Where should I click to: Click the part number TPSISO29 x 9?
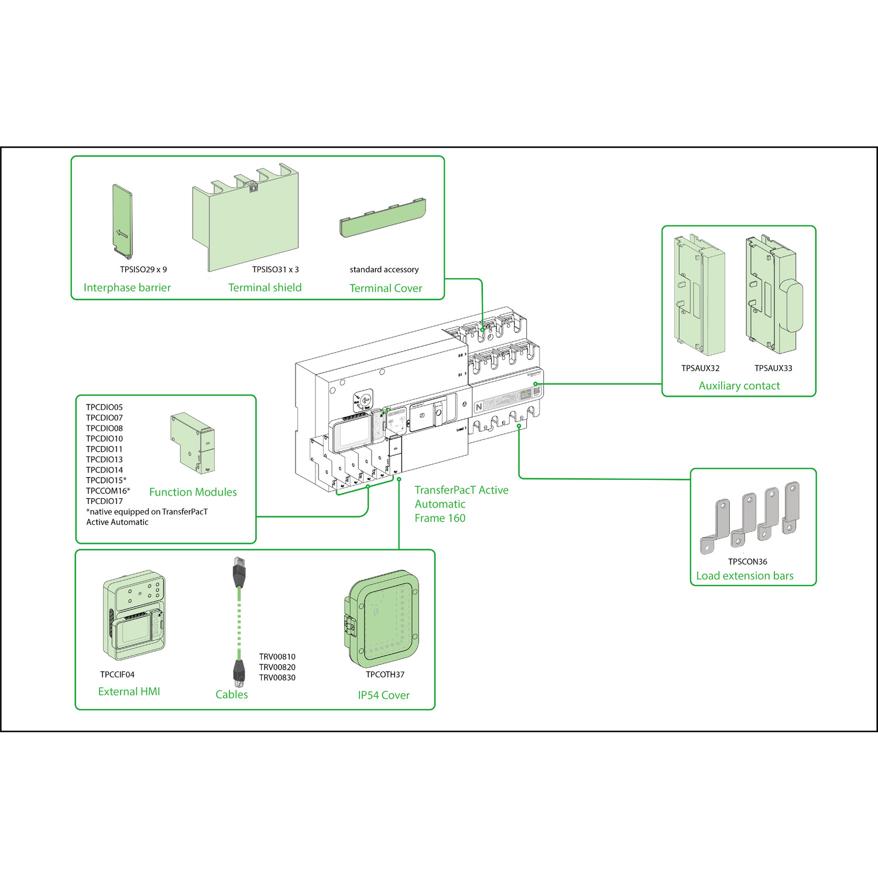coord(143,270)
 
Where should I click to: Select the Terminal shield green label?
coord(265,287)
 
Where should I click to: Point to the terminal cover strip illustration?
coord(383,217)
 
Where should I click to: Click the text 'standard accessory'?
coord(384,270)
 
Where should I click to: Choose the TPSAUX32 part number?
coord(700,368)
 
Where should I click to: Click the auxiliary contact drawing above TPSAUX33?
coord(773,296)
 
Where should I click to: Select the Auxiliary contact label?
coord(739,386)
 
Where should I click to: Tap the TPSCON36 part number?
coord(747,561)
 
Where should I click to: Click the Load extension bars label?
coord(745,576)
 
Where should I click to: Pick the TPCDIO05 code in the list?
coord(104,407)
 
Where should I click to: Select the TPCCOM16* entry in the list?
coord(108,491)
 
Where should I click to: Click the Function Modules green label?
coord(193,492)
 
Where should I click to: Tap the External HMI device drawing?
coord(134,616)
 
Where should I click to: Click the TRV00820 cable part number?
coord(277,667)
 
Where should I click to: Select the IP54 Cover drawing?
coord(383,619)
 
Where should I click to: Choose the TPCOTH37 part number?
coord(385,674)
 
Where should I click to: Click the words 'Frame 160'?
coord(440,518)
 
